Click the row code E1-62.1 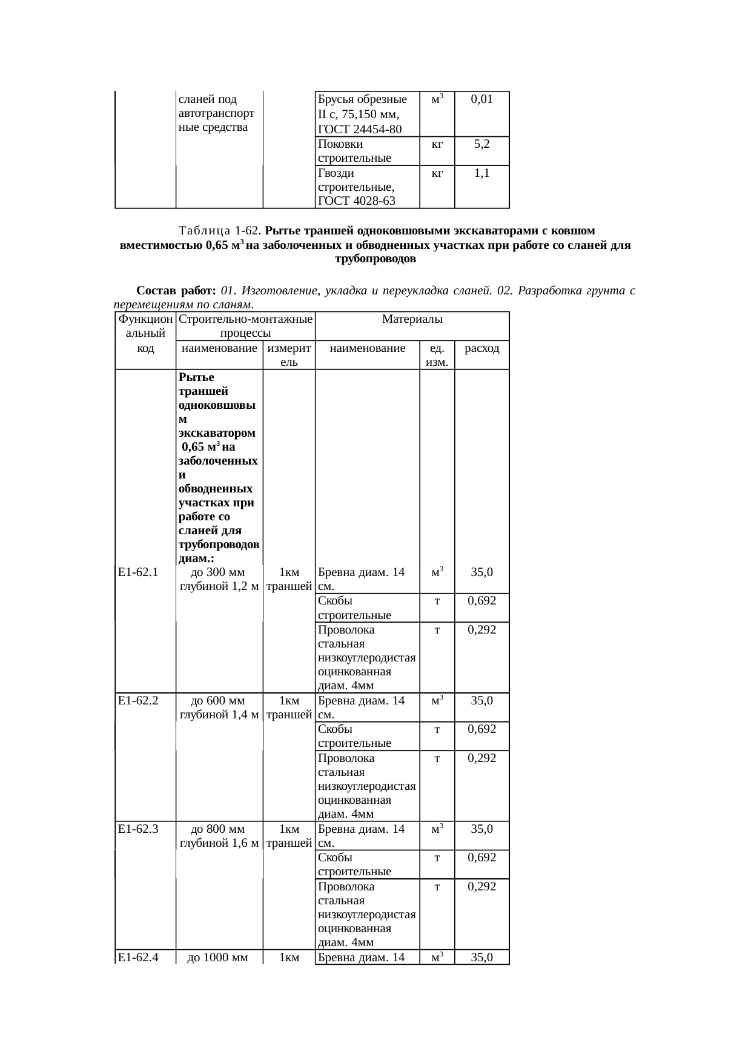(x=138, y=572)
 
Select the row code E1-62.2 (x=138, y=701)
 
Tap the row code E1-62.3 (x=138, y=829)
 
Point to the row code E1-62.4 (x=138, y=958)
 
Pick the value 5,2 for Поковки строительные (x=481, y=144)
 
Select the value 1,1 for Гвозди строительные (x=481, y=173)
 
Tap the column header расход (x=481, y=348)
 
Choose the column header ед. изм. (x=437, y=355)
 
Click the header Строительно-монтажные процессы (x=245, y=326)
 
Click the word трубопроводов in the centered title (x=375, y=259)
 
